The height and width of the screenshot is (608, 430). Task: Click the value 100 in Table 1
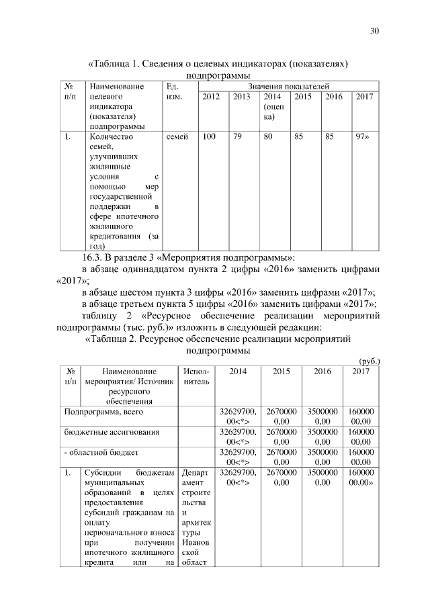(x=209, y=136)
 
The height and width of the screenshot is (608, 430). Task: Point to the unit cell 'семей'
(x=177, y=136)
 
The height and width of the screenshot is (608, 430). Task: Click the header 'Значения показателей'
(x=288, y=87)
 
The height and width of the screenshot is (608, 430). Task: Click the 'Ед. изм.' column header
(x=173, y=91)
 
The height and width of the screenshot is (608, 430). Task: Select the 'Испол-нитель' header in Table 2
(x=196, y=376)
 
